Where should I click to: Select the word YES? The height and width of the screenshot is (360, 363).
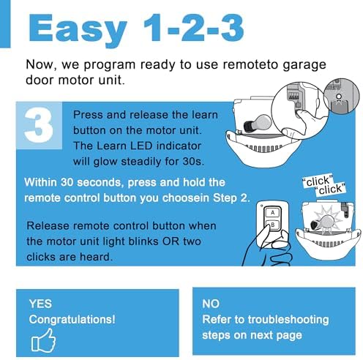(41, 303)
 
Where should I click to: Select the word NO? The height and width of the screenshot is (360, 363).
(212, 303)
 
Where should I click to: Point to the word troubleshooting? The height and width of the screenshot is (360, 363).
(287, 320)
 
